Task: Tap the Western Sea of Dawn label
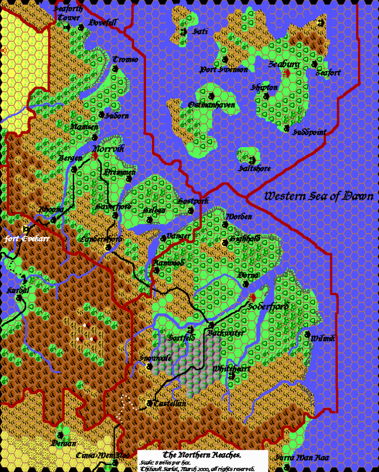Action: [x=318, y=196]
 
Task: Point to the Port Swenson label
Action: [x=224, y=70]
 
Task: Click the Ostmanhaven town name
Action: [x=212, y=105]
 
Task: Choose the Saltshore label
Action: [x=254, y=168]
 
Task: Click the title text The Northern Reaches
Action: [x=203, y=454]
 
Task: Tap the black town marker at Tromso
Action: [x=115, y=68]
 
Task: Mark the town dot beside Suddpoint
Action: [x=287, y=128]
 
